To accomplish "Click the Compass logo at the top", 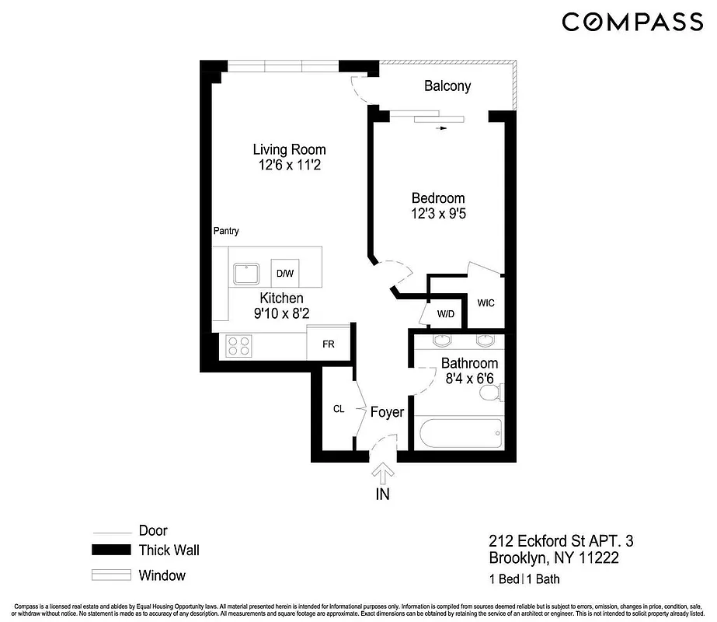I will pos(632,22).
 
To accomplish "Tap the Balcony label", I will pos(447,86).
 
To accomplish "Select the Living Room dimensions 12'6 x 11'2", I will pos(290,165).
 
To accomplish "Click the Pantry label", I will pos(226,231).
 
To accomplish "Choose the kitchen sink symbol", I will pos(247,273).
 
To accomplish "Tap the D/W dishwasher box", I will pos(284,273).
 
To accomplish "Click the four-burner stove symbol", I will pos(238,344).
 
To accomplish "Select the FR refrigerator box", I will pos(329,344).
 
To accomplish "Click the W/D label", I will pos(445,314).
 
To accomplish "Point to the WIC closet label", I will pos(486,302).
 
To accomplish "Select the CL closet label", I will pos(339,408).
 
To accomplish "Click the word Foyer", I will pos(386,411).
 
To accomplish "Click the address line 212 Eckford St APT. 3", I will pos(555,540).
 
